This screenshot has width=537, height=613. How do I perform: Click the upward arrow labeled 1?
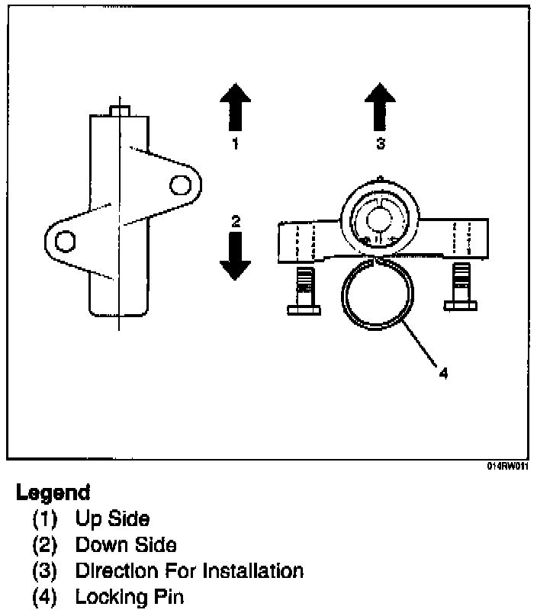235,107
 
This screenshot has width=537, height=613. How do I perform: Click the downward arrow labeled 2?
235,256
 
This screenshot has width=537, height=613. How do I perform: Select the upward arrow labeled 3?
380,107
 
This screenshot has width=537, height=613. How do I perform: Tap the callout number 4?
443,374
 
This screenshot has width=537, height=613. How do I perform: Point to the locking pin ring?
378,293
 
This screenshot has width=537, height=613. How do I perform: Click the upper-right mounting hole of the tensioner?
180,185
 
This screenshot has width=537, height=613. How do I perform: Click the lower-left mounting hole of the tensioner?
65,240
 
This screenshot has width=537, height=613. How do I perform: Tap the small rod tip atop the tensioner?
120,111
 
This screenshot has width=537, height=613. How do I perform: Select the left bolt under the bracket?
304,290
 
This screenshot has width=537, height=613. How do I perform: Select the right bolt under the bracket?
461,287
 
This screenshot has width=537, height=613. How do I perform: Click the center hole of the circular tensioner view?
378,220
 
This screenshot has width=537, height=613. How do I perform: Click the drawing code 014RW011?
507,466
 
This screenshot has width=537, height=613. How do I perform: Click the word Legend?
53,493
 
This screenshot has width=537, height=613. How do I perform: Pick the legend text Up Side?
112,518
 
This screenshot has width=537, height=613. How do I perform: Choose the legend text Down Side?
126,544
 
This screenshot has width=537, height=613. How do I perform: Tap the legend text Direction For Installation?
189,571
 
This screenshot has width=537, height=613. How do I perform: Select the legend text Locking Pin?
130,597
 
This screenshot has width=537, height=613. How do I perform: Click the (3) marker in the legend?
44,571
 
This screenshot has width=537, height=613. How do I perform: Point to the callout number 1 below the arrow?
235,143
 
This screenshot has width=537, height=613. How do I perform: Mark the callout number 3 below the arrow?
381,143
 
